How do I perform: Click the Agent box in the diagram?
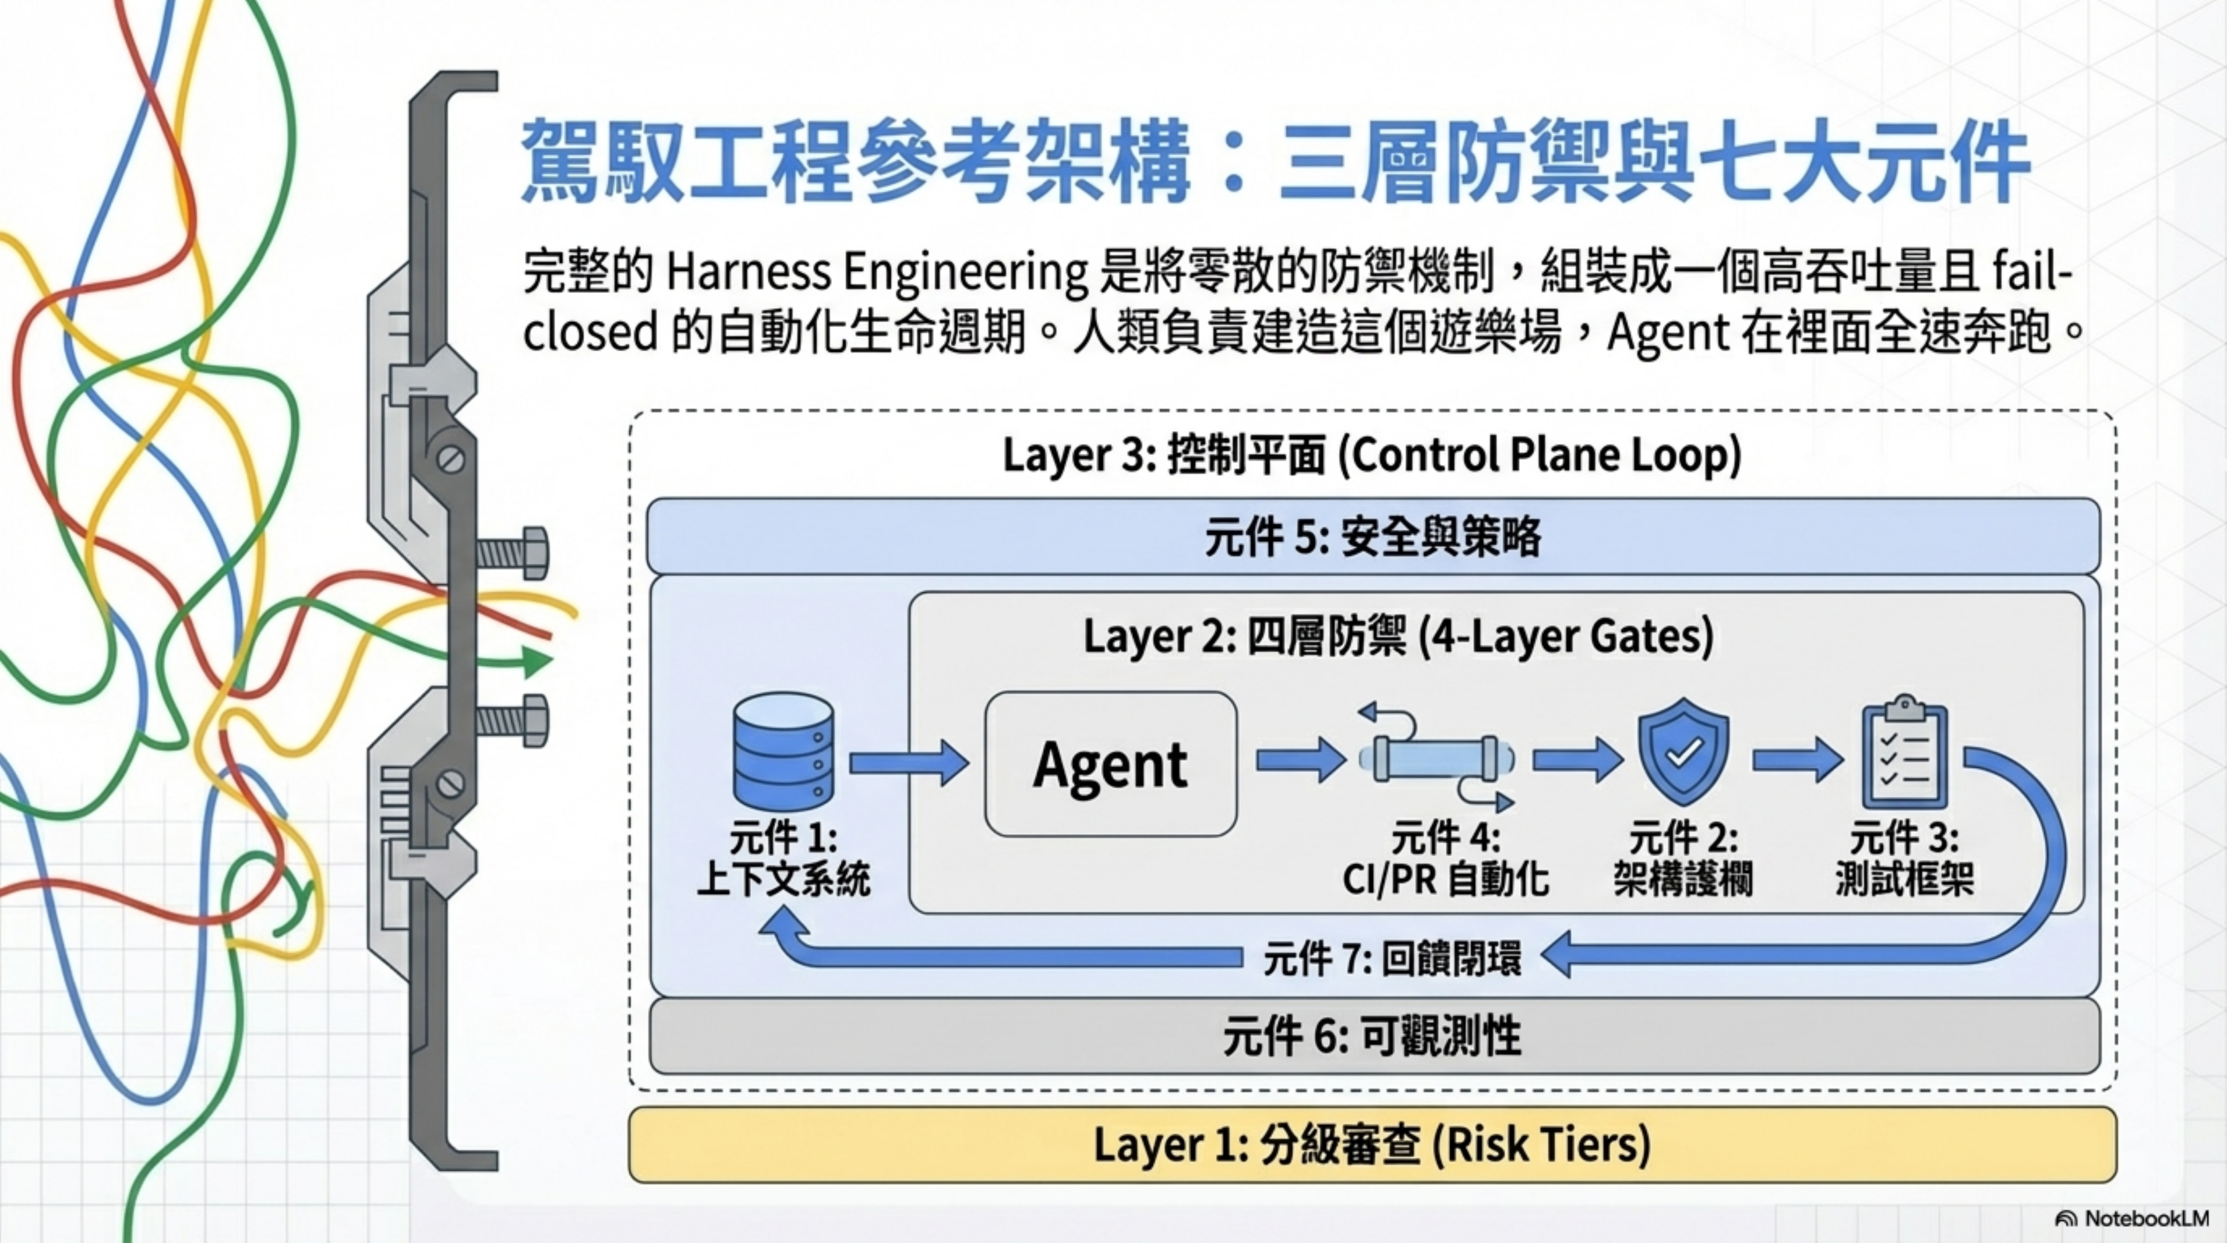pyautogui.click(x=1111, y=764)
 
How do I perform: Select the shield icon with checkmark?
pyautogui.click(x=1684, y=752)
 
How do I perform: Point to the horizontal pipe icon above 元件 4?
pyautogui.click(x=1436, y=760)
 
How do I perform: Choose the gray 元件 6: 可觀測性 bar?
pyautogui.click(x=1373, y=1036)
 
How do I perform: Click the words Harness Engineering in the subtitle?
pyautogui.click(x=877, y=272)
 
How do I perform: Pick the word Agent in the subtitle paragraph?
pyautogui.click(x=1668, y=332)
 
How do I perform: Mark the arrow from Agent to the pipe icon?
pyautogui.click(x=1300, y=761)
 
